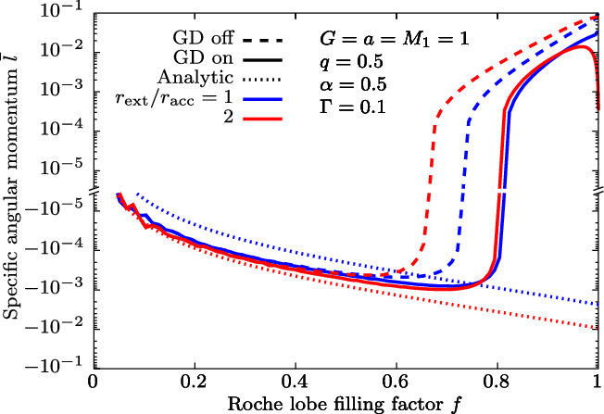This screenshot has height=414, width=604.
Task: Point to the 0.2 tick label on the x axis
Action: (193, 383)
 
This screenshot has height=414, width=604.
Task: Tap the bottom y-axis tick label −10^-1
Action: (57, 362)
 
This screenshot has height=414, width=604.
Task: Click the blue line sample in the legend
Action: (260, 96)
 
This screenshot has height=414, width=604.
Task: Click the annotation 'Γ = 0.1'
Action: (345, 107)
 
